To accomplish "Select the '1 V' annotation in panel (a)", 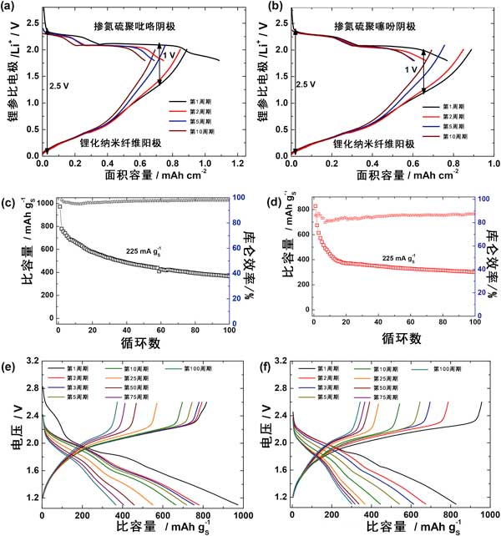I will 168,55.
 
